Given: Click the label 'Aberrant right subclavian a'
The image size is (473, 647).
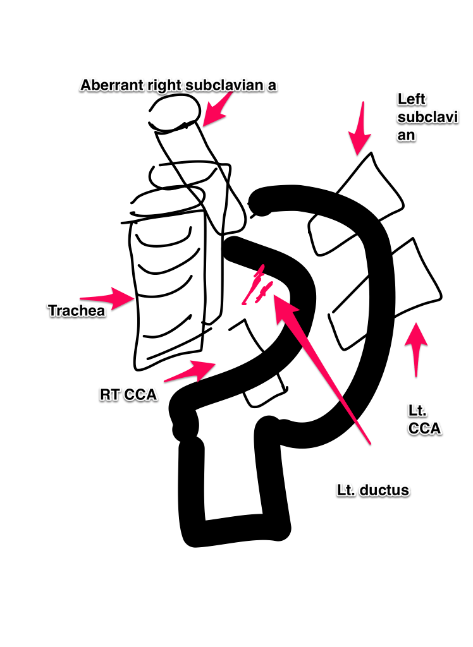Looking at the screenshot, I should pos(179,85).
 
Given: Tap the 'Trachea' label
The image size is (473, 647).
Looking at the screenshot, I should pos(77,310).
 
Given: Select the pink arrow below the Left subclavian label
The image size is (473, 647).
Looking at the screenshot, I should pos(360,130).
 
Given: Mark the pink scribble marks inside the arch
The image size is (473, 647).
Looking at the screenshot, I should pos(256,287).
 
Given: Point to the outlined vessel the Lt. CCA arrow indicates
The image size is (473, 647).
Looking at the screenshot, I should pos(386,297).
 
